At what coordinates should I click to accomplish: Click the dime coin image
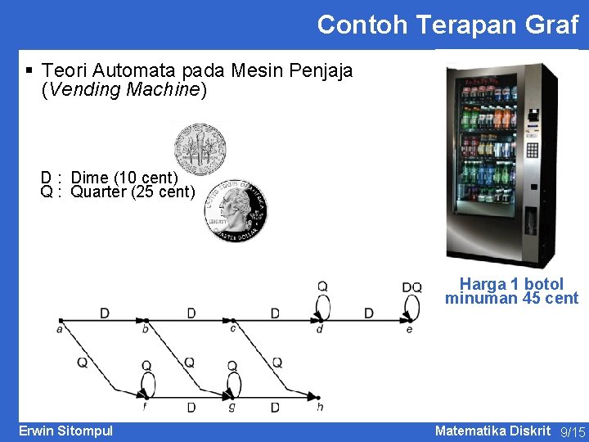[x=200, y=150]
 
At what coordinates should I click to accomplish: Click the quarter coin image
[x=236, y=210]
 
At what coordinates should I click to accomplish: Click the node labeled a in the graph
[x=60, y=320]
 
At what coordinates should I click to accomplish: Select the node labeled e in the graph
[x=408, y=320]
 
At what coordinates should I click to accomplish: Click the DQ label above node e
[x=411, y=287]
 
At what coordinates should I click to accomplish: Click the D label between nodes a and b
[x=104, y=313]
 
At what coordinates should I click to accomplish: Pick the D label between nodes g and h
[x=276, y=407]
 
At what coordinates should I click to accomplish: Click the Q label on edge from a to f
[x=83, y=362]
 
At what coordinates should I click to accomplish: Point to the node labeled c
[x=233, y=320]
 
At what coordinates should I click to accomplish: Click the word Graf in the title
[x=551, y=25]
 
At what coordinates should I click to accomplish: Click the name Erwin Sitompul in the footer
[x=65, y=431]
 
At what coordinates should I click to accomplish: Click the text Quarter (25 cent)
[x=133, y=192]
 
